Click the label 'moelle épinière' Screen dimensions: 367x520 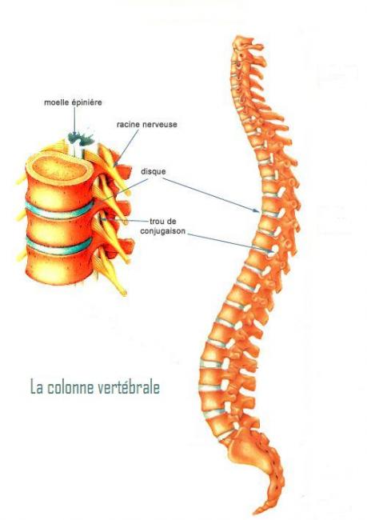[73, 102]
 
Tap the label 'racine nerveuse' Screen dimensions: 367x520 [147, 124]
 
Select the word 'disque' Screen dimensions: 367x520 [154, 172]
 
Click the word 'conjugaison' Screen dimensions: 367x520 [163, 231]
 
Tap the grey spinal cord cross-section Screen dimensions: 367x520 [82, 138]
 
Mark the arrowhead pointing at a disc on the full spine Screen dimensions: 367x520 [257, 210]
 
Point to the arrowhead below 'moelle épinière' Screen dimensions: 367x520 [75, 134]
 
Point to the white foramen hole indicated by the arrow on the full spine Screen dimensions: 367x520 [275, 250]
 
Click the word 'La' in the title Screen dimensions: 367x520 [37, 387]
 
